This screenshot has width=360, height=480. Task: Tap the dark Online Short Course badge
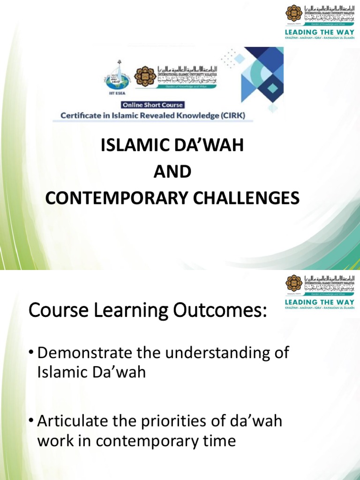pos(153,105)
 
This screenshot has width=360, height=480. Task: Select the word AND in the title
pos(172,172)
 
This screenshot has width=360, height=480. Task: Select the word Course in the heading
pos(57,311)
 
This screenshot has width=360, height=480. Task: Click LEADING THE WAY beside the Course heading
pos(320,302)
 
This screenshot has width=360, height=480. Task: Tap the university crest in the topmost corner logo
pos(294,13)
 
